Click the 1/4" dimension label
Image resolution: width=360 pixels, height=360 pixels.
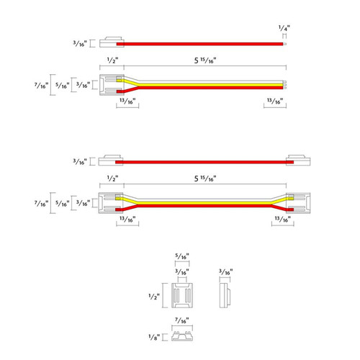pyautogui.click(x=284, y=28)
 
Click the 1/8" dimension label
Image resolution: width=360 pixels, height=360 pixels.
pyautogui.click(x=154, y=337)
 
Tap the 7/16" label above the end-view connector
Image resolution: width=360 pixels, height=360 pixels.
pyautogui.click(x=182, y=320)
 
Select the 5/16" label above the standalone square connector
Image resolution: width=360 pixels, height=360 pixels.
pyautogui.click(x=182, y=256)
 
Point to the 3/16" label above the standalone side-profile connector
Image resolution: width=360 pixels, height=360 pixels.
pyautogui.click(x=226, y=272)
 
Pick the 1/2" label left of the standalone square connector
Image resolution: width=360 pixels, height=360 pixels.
pyautogui.click(x=154, y=297)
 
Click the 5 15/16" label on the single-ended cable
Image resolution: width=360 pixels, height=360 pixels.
pyautogui.click(x=205, y=60)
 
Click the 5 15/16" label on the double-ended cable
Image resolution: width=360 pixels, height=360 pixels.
pyautogui.click(x=205, y=179)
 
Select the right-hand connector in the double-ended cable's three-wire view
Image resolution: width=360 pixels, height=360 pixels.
pyautogui.click(x=298, y=203)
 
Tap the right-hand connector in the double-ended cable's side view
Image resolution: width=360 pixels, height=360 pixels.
pyautogui.click(x=298, y=161)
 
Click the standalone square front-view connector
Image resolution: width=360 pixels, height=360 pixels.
pyautogui.click(x=182, y=295)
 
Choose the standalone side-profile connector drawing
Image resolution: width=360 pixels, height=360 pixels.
pyautogui.click(x=225, y=295)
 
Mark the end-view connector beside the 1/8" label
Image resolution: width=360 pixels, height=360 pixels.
pyautogui.click(x=182, y=336)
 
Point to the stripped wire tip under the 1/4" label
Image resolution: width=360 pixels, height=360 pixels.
pyautogui.click(x=284, y=44)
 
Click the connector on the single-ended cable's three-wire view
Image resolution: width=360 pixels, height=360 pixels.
pyautogui.click(x=112, y=85)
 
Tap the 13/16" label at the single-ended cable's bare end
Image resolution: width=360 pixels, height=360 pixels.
pyautogui.click(x=275, y=102)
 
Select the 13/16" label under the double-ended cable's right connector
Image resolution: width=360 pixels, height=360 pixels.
pyautogui.click(x=283, y=219)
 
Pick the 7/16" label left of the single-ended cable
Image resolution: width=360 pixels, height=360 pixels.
pyautogui.click(x=42, y=86)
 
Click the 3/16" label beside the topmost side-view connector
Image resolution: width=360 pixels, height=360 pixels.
pyautogui.click(x=80, y=43)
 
